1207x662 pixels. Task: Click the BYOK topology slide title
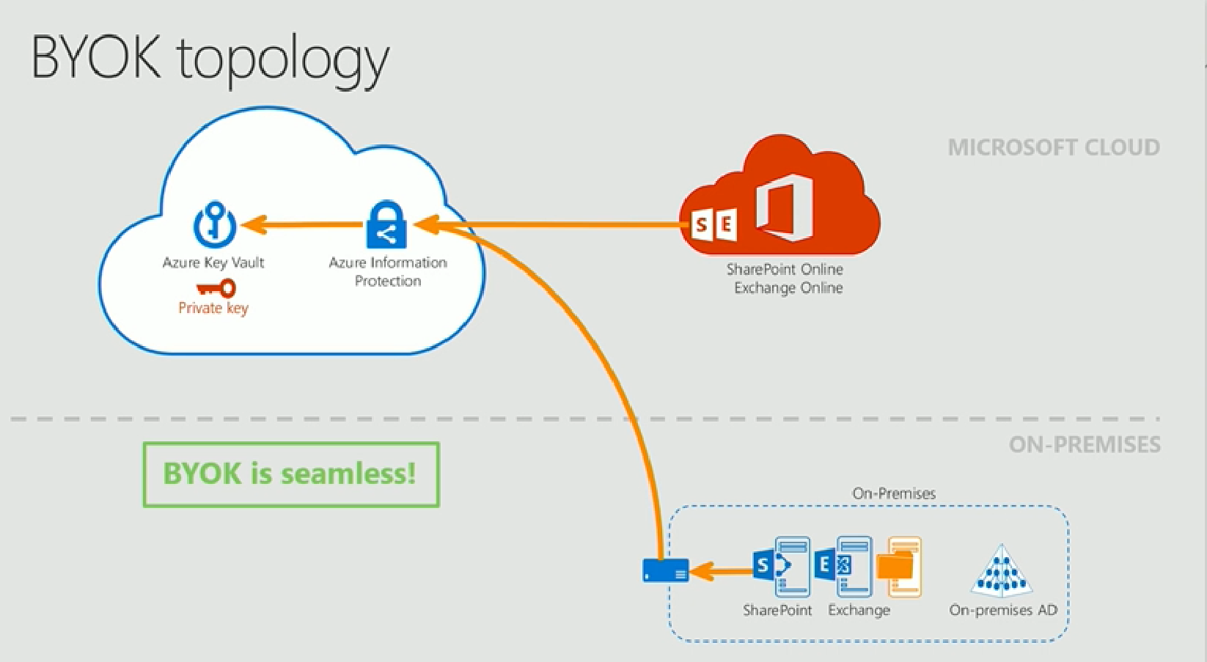pos(210,59)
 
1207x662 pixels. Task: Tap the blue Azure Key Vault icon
pos(214,223)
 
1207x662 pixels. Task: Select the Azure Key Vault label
pos(213,263)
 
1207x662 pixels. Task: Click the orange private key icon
pos(216,289)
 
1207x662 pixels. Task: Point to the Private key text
pos(213,308)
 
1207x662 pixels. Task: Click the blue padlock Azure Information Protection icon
pos(386,224)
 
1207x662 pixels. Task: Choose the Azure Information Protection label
pos(388,272)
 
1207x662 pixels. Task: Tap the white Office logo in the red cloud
pos(785,207)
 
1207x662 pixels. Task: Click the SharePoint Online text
pos(785,269)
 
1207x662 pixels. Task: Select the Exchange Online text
pos(788,287)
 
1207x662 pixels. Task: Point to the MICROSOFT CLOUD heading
pos(1054,147)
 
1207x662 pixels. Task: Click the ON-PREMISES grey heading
pos(1085,445)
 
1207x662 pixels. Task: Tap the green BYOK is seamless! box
pos(291,474)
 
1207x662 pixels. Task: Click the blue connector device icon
pos(666,571)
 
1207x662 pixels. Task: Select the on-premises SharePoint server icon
pos(781,567)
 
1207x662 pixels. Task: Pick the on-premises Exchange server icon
pos(843,567)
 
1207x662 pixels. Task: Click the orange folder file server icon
pos(899,567)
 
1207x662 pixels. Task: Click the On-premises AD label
pos(1003,610)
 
